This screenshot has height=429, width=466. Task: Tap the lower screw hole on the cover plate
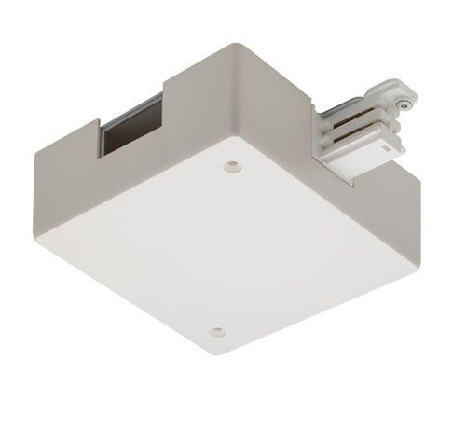217,331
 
